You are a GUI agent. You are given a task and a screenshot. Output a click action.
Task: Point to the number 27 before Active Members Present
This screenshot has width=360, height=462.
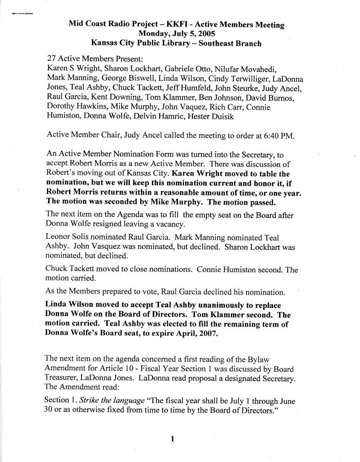click(51, 60)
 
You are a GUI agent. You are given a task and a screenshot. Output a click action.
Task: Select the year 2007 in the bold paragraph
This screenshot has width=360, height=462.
click(209, 334)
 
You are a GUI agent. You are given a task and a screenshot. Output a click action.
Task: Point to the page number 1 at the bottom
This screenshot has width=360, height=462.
click(173, 439)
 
